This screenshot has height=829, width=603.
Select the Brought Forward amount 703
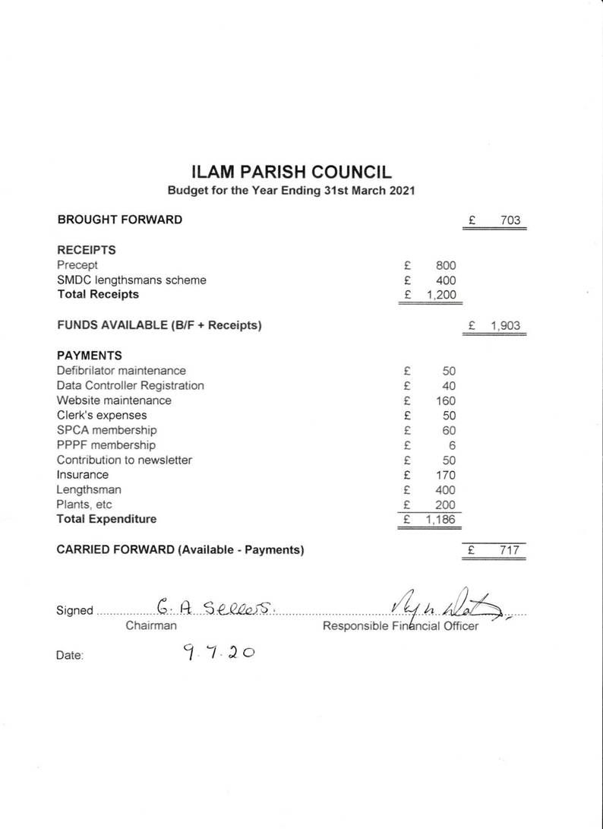click(x=510, y=220)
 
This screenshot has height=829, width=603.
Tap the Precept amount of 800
click(x=446, y=265)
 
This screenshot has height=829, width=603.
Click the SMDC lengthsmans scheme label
click(x=131, y=280)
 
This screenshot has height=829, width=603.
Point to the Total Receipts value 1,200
click(x=441, y=295)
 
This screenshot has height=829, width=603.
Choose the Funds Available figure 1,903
click(x=506, y=326)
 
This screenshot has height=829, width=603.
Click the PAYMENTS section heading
click(x=89, y=355)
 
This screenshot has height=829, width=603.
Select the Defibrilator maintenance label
click(x=121, y=370)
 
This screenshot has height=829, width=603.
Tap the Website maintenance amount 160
click(x=446, y=400)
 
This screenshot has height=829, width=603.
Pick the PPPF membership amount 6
click(x=451, y=445)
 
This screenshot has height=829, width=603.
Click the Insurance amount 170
click(x=446, y=475)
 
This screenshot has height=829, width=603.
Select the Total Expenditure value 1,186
click(x=441, y=520)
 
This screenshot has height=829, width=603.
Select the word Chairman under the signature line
click(x=151, y=625)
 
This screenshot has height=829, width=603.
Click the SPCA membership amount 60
click(x=448, y=430)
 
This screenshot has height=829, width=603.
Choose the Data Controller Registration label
click(x=130, y=385)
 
